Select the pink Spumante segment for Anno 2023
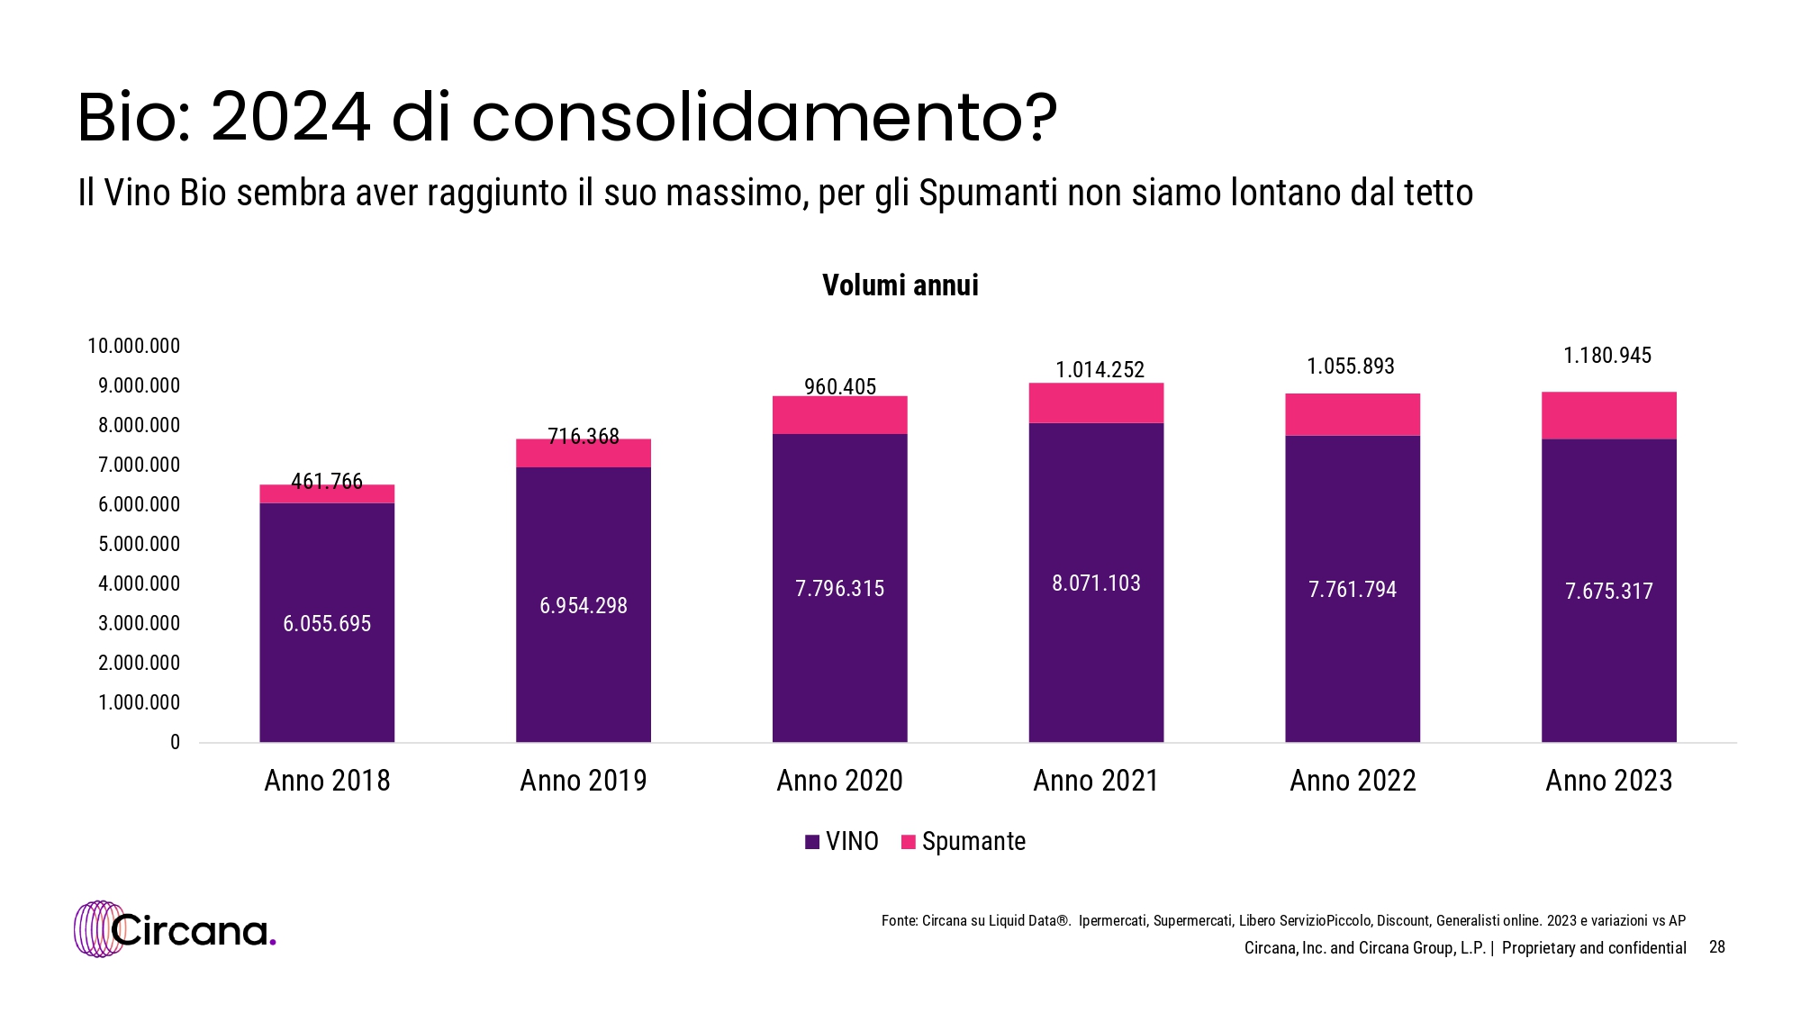[1608, 415]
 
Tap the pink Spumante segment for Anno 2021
[1096, 403]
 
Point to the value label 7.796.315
[839, 589]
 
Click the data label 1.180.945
[1607, 356]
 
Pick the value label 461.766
[327, 482]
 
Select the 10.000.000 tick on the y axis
[133, 346]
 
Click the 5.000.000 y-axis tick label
[139, 544]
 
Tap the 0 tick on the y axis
[175, 742]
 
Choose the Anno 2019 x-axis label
[584, 781]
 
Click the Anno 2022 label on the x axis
[1353, 781]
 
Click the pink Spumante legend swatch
[909, 842]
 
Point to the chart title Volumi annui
[900, 285]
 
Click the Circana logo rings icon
[97, 928]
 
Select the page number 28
[1716, 946]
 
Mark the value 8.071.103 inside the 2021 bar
[1096, 583]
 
